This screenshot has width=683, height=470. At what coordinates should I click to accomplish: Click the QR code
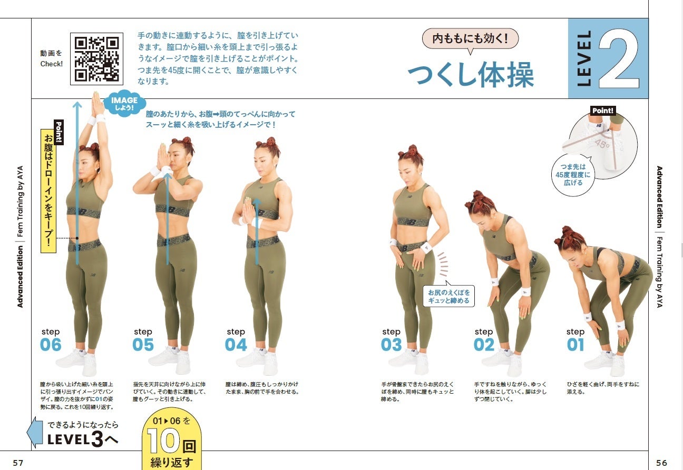pos(96,59)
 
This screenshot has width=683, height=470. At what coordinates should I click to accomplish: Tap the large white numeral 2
pos(619,58)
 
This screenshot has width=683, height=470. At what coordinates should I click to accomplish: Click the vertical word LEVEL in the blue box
pos(583,58)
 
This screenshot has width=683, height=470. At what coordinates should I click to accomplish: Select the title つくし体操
pos(471,74)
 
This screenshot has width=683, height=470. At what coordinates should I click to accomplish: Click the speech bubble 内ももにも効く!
pos(470,39)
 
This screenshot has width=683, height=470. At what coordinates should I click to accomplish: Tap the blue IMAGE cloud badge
pos(124,103)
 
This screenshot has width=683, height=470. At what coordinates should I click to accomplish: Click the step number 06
pos(51,345)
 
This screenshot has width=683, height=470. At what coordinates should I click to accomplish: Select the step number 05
pos(143,345)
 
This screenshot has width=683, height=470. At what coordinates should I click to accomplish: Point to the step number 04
pos(236,345)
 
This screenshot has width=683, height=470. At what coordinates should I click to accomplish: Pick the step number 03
pos(392,345)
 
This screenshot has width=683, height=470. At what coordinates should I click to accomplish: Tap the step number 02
pos(484,345)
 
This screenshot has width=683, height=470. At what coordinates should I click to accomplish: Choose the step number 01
pos(575,345)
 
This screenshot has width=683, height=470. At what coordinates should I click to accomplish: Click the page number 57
pos(18,463)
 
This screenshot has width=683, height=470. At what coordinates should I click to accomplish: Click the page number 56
pos(662,463)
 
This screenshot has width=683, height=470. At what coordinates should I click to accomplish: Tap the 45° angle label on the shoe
pos(602,144)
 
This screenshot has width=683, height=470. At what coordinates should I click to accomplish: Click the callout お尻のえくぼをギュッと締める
pos(448,296)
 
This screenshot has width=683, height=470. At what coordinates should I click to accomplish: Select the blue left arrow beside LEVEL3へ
pos(35,432)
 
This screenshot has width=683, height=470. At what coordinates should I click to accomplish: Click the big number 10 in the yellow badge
pos(163,441)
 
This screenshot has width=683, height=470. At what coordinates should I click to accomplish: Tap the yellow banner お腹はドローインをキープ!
pos(48,191)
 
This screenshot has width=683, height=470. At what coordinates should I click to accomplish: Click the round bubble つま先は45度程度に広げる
pos(573,175)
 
